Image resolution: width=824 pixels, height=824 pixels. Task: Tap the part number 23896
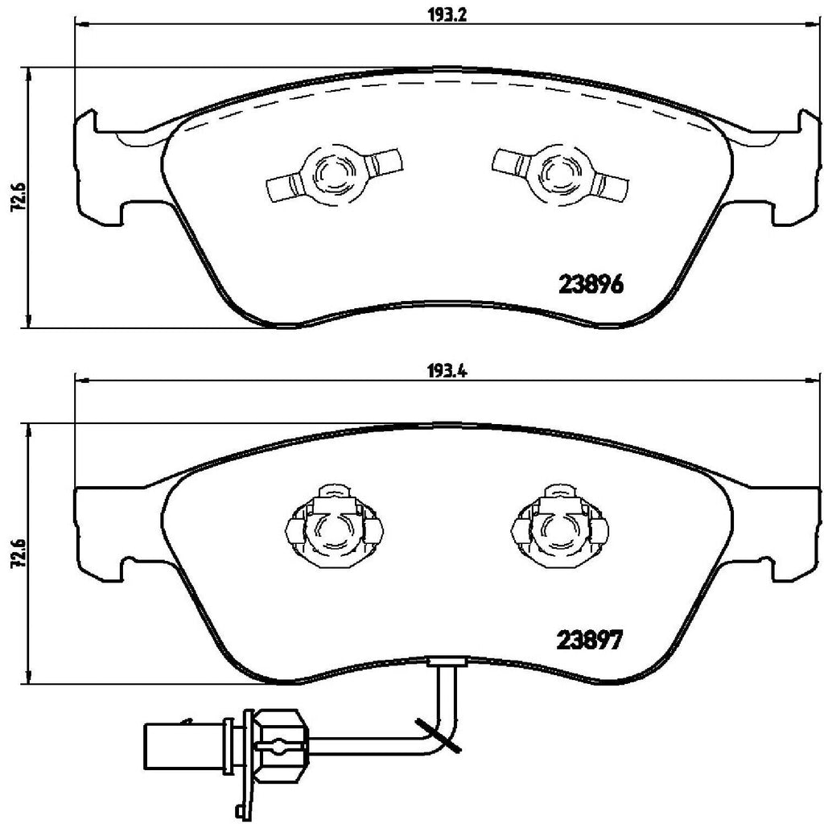pos(591,285)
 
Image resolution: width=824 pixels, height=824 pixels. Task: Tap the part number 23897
pos(591,642)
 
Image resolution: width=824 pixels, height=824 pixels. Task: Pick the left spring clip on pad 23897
pos(332,528)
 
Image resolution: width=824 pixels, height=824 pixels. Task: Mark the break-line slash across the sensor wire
pos(439,734)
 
